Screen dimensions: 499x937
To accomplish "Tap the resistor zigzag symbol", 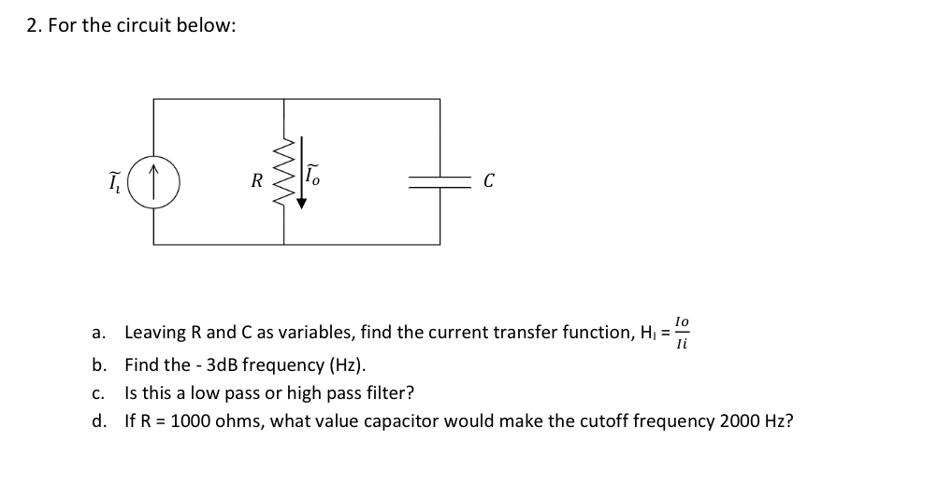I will [284, 172].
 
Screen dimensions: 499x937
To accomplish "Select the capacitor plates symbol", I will [440, 182].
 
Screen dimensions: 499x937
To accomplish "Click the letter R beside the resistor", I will [257, 181].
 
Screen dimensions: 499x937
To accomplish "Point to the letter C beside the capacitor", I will [488, 181].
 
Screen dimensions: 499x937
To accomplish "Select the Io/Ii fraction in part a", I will [682, 332].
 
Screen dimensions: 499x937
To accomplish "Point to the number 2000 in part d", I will [742, 421].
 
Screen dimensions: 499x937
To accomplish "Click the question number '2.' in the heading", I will [34, 25].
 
